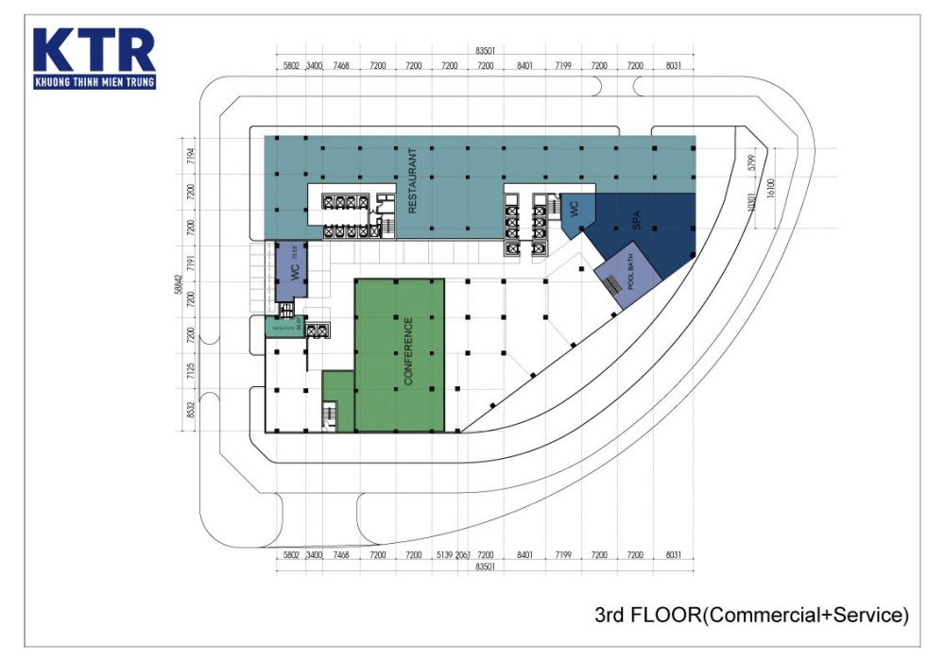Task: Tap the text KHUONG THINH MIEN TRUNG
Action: click(94, 82)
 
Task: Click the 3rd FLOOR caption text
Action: click(751, 616)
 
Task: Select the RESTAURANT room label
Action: click(412, 180)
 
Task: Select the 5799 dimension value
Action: click(752, 162)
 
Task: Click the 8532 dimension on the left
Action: click(190, 408)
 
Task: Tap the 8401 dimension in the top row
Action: click(525, 66)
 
